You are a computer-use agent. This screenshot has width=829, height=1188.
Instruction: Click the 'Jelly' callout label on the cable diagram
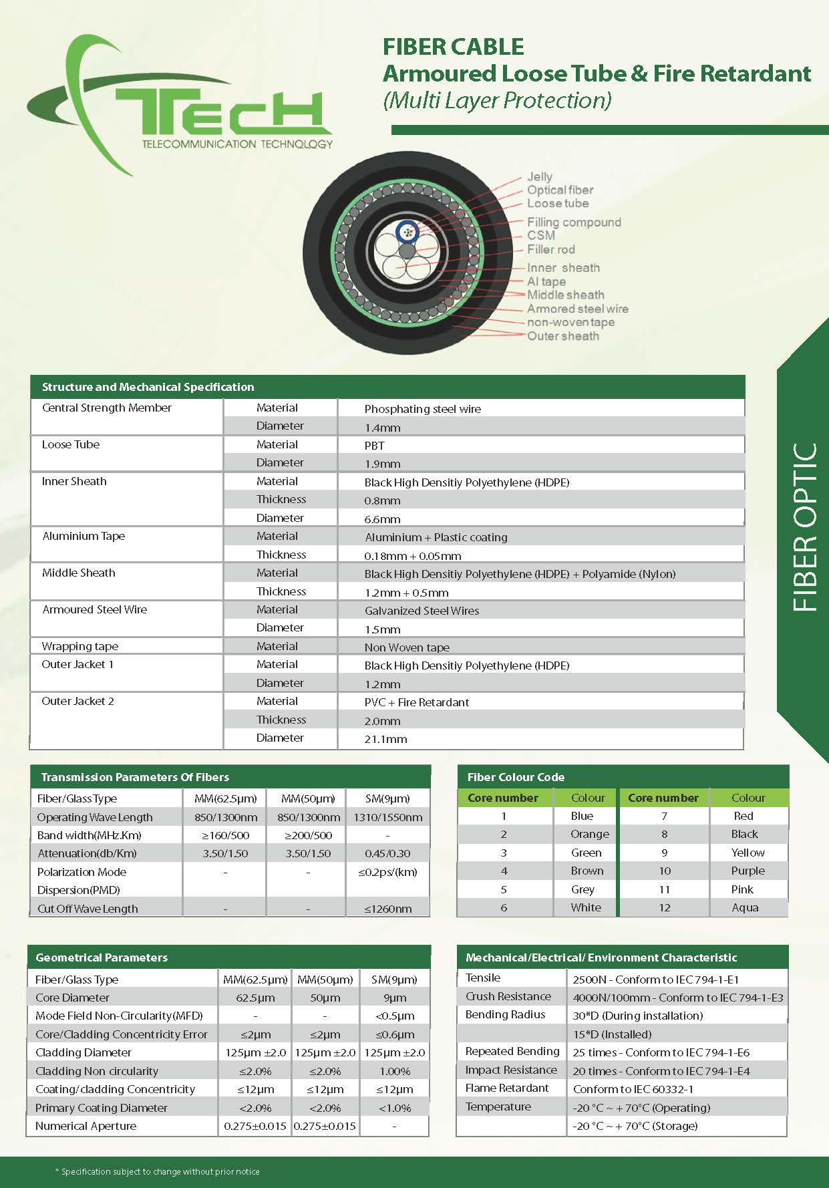[x=539, y=176]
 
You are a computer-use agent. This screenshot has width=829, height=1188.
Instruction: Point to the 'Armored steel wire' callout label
[x=577, y=309]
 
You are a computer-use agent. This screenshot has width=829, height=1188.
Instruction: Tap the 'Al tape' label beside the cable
[x=546, y=281]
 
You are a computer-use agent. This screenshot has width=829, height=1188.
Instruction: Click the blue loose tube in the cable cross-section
[x=406, y=233]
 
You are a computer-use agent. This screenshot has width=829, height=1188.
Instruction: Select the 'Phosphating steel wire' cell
[x=422, y=409]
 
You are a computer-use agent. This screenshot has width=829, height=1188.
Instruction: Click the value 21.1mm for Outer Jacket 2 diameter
[x=385, y=739]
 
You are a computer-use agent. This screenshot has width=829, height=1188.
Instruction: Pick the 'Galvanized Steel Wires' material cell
[x=422, y=611]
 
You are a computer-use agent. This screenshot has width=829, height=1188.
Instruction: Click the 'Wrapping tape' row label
[x=79, y=646]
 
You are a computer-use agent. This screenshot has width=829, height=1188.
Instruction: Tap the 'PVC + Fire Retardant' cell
[x=416, y=702]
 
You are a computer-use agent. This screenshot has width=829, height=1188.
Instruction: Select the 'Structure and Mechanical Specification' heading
[x=148, y=387]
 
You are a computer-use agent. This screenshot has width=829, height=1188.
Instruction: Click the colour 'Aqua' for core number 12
[x=745, y=907]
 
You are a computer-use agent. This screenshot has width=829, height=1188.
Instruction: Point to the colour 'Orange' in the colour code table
[x=589, y=834]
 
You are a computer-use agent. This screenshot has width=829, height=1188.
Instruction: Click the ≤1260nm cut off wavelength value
[x=387, y=909]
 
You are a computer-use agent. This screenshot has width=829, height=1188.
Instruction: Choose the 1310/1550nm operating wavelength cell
[x=387, y=817]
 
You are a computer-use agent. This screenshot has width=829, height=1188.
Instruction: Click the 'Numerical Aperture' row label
[x=86, y=1126]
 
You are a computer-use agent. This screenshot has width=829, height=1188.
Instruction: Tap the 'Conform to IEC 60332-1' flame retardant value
[x=633, y=1089]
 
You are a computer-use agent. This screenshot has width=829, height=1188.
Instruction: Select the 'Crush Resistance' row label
[x=508, y=996]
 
